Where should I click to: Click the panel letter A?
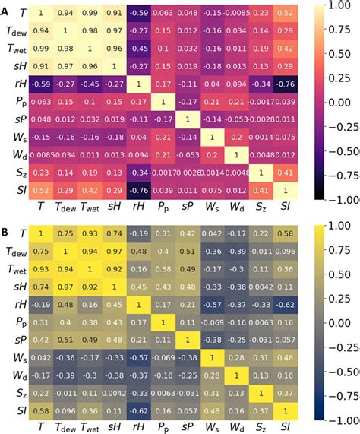[x=5, y=8]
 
